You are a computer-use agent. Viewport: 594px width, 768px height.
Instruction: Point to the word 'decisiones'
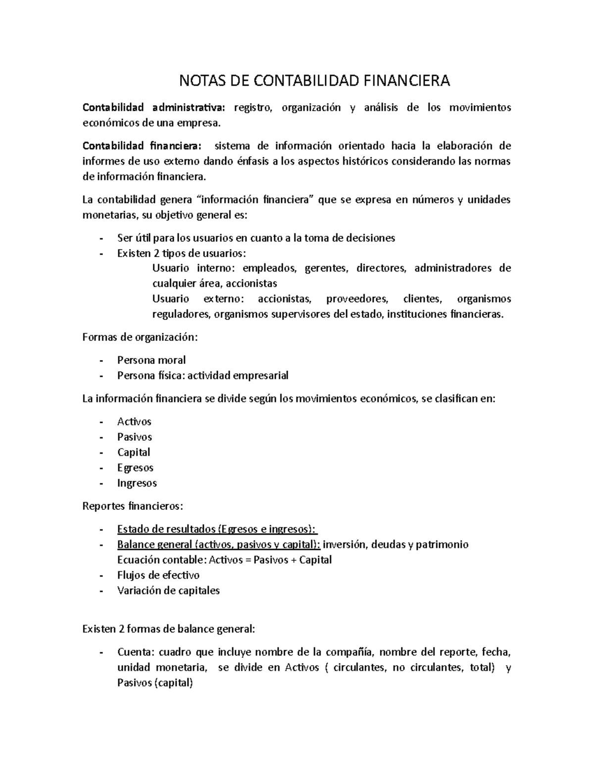coord(370,238)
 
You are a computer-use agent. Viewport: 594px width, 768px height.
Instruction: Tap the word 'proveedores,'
coord(357,299)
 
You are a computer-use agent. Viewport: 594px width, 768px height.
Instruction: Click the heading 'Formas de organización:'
coord(140,337)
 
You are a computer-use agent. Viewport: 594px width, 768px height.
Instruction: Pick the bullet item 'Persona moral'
coord(151,360)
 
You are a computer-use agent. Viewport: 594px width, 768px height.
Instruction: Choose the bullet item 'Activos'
coord(134,422)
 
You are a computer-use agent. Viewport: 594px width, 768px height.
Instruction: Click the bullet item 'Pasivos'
coord(134,437)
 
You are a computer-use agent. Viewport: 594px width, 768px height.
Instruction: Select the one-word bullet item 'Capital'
coord(134,452)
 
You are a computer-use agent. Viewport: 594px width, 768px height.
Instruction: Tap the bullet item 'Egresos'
coord(135,468)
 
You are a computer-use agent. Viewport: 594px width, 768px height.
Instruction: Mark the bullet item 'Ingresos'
coord(137,483)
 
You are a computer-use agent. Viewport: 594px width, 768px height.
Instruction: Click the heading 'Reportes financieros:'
coord(133,506)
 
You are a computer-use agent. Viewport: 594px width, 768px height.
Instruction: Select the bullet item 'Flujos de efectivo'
coord(158,575)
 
